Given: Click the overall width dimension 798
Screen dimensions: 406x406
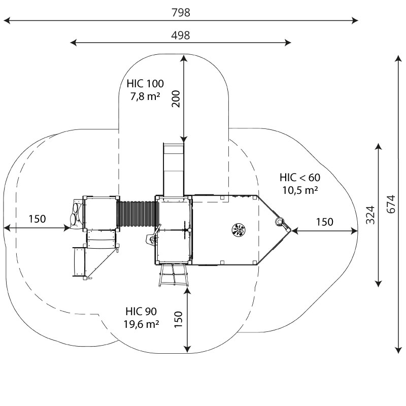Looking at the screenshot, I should point(181,13).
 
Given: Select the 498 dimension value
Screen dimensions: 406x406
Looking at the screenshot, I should point(181,35).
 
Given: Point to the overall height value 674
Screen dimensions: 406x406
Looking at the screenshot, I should point(390,204).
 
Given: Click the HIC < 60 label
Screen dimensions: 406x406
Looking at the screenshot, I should point(299,178).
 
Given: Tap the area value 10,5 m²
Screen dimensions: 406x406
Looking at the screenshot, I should point(299,190).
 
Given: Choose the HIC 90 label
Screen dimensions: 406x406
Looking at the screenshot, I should point(141,312).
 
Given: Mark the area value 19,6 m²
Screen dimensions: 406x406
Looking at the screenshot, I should point(141,324).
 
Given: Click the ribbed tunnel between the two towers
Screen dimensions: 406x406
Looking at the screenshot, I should point(137,216).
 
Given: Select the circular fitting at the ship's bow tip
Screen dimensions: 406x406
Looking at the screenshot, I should point(279,222).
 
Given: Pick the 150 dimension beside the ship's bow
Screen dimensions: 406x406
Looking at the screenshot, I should point(324,222).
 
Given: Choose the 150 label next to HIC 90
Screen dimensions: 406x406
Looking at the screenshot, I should point(178,319).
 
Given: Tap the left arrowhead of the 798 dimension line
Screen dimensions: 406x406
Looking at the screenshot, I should point(6,21).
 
